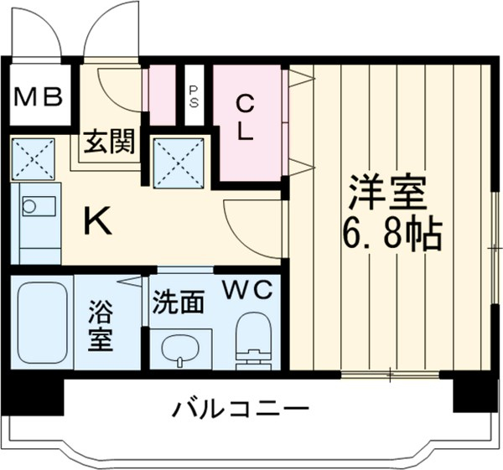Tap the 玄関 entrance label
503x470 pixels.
pos(107,142)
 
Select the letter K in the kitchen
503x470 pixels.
pos(97,221)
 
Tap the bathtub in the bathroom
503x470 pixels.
pos(42,323)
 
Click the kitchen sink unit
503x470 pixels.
pos(38,219)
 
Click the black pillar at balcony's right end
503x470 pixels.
pos(474,391)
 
